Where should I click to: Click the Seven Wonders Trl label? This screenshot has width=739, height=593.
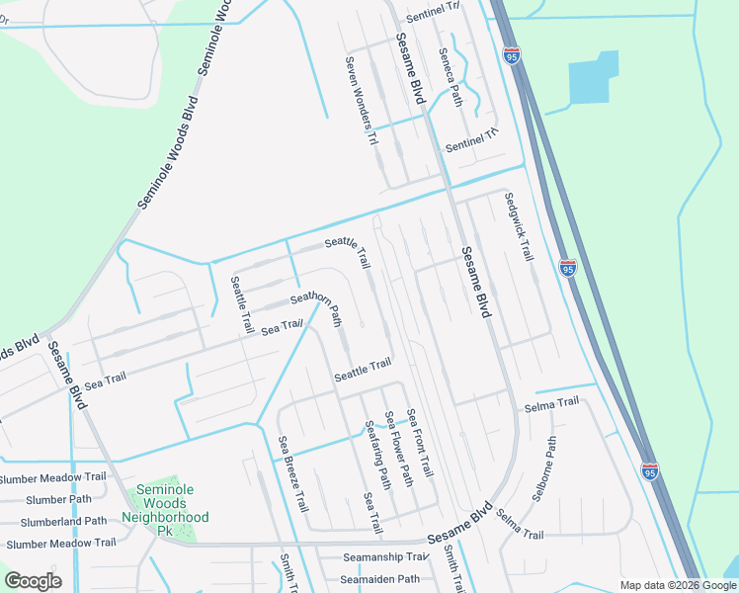[x=360, y=101]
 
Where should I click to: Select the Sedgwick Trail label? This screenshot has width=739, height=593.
[x=518, y=226]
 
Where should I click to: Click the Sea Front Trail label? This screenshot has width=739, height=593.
[x=421, y=444]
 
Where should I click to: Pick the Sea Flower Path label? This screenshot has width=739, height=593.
[x=398, y=449]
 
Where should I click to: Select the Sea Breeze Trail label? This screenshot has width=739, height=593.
[x=292, y=473]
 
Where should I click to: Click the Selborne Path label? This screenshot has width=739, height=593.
[x=544, y=469]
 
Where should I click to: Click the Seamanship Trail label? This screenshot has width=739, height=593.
[x=384, y=558]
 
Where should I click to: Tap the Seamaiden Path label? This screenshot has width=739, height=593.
[x=381, y=579]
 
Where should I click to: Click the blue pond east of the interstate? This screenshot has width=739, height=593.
[x=593, y=78]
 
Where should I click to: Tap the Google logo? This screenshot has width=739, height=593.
[x=33, y=581]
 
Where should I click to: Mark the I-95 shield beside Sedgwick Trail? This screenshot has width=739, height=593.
[x=567, y=268]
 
